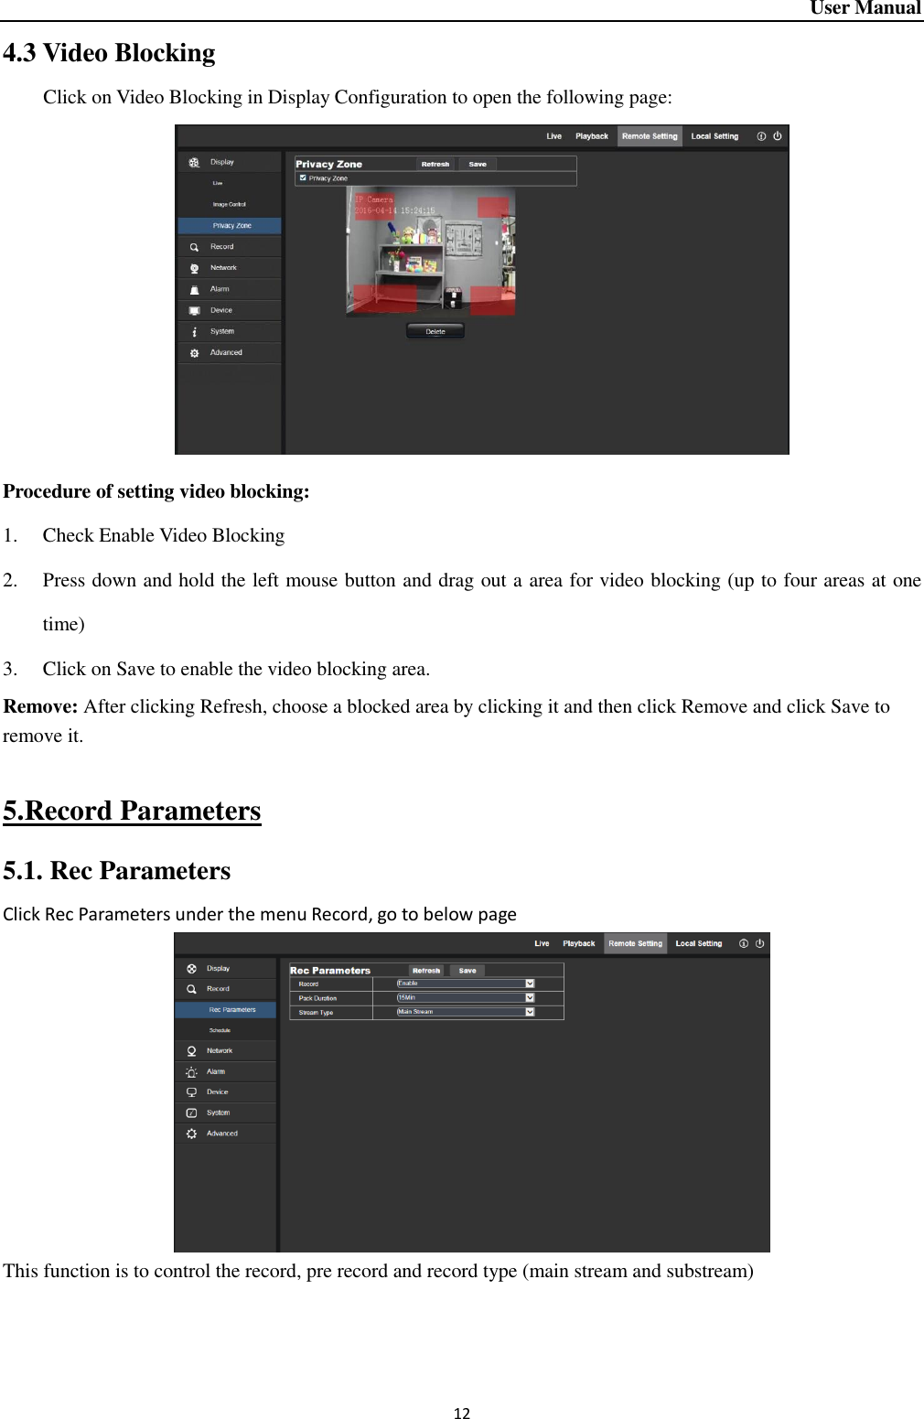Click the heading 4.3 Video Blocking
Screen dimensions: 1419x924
(109, 53)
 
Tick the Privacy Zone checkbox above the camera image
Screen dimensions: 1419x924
(303, 178)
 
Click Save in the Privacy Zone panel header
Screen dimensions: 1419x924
(478, 165)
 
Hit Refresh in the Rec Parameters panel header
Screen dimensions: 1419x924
(426, 971)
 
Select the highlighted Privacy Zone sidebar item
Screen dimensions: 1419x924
(231, 225)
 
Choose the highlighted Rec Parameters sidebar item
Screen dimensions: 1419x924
(231, 1010)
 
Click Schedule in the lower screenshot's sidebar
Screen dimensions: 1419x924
(220, 1030)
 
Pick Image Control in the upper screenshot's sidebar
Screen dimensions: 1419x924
(229, 204)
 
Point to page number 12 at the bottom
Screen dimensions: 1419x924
(462, 1414)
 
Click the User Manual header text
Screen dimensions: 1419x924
(865, 8)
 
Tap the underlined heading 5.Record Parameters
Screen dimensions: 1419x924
(132, 811)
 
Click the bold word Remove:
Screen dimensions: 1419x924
(40, 706)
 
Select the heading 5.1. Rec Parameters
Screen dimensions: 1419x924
(116, 870)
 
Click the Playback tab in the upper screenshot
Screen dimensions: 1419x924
(591, 136)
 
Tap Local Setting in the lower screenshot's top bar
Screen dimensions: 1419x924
(698, 943)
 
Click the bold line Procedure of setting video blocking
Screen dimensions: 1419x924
(156, 491)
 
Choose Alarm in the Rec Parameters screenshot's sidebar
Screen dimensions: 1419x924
(215, 1071)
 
